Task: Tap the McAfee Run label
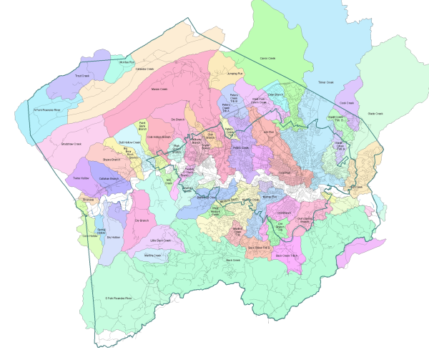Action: (x=127, y=62)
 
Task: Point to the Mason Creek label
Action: (x=159, y=89)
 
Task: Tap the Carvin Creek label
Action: (x=267, y=59)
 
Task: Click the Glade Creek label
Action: (x=375, y=112)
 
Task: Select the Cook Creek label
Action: (x=347, y=102)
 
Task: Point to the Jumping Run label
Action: (x=235, y=73)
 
